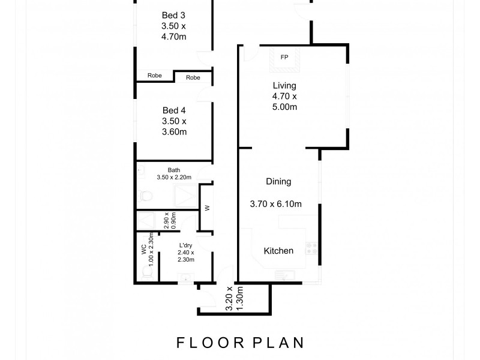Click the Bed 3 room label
click(174, 26)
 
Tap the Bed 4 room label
click(174, 121)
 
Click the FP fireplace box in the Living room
click(284, 58)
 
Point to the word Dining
click(278, 181)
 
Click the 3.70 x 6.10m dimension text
click(275, 204)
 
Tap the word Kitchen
click(279, 251)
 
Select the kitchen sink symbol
click(283, 275)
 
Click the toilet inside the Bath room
click(144, 196)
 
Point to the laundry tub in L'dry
click(185, 277)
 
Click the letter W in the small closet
click(207, 209)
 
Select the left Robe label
click(154, 76)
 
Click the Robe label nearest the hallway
click(193, 77)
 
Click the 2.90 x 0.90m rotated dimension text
click(170, 221)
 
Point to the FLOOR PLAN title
click(240, 343)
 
